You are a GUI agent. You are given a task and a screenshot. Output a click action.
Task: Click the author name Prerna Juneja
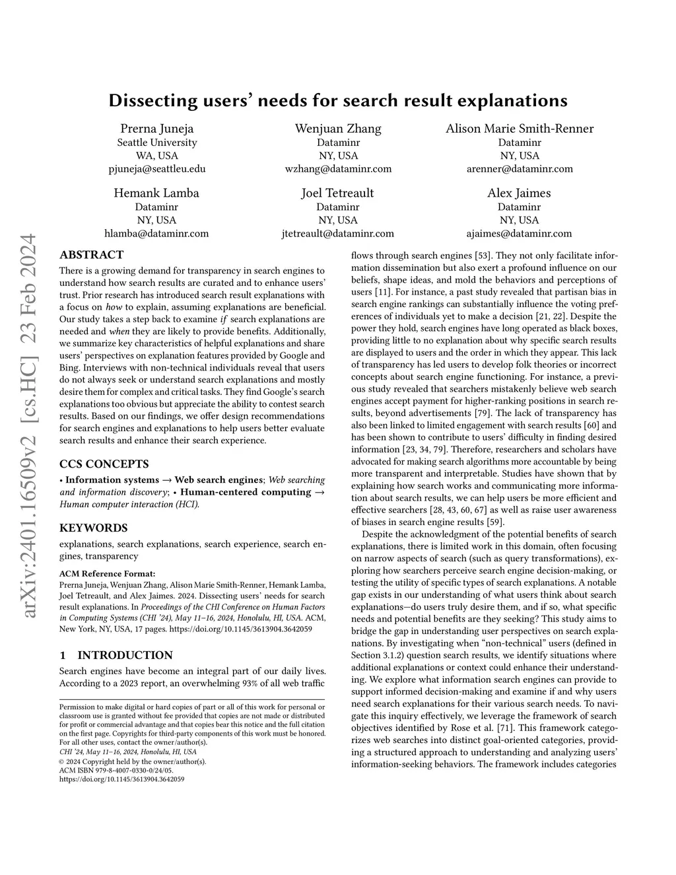click(157, 129)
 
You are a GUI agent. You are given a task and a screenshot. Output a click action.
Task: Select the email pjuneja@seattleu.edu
click(157, 168)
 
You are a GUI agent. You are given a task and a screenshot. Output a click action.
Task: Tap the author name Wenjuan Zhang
click(338, 129)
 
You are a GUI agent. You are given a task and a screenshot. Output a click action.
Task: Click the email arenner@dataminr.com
click(520, 168)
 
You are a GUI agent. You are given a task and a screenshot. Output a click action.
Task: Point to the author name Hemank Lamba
click(156, 193)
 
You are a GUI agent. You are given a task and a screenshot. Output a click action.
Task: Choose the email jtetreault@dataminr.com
click(338, 233)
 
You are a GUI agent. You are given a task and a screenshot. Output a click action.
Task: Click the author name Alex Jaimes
click(520, 193)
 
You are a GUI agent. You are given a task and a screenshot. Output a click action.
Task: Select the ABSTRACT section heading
click(92, 255)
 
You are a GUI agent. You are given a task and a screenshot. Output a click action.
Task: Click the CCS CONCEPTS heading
click(104, 464)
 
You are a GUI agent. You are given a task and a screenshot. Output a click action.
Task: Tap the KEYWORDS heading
click(94, 528)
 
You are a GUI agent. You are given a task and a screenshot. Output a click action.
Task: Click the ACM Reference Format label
click(108, 573)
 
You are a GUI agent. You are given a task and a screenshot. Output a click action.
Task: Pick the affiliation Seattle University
click(157, 143)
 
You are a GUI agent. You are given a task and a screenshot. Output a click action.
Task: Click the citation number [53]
click(483, 256)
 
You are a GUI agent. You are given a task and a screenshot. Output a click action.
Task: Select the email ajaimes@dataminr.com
click(520, 233)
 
